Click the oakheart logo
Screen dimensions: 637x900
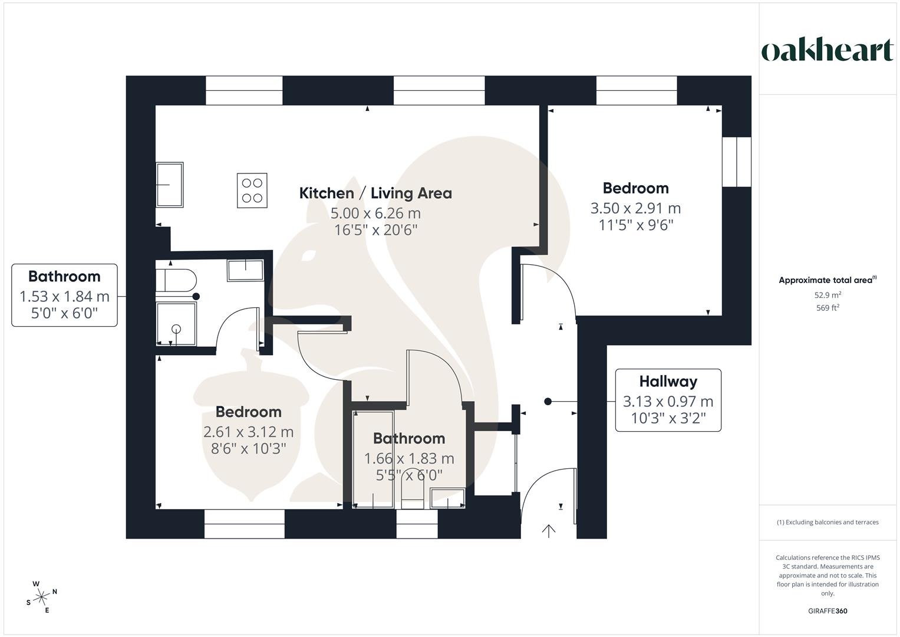pyautogui.click(x=827, y=51)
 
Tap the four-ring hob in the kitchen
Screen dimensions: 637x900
pyautogui.click(x=252, y=191)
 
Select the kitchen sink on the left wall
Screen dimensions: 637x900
pyautogui.click(x=170, y=185)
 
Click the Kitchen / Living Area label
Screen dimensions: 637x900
pyautogui.click(x=375, y=193)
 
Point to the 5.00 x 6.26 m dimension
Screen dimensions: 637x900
pyautogui.click(x=375, y=213)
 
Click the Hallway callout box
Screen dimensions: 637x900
pyautogui.click(x=668, y=400)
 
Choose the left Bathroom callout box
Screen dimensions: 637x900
pyautogui.click(x=64, y=295)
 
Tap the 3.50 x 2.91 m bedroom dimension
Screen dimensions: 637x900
pyautogui.click(x=635, y=208)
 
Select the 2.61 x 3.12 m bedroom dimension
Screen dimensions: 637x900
pyautogui.click(x=248, y=432)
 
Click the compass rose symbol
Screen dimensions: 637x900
pyautogui.click(x=41, y=597)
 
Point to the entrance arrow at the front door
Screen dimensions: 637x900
pyautogui.click(x=549, y=531)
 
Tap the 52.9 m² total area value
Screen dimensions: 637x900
pyautogui.click(x=828, y=295)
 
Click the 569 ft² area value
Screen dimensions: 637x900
pyautogui.click(x=828, y=308)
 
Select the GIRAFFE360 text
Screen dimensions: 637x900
pyautogui.click(x=828, y=611)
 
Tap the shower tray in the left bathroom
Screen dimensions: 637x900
pyautogui.click(x=176, y=324)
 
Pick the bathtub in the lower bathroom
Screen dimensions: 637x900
pyautogui.click(x=372, y=459)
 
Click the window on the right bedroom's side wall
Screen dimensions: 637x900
pyautogui.click(x=737, y=162)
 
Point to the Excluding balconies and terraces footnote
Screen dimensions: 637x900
pyautogui.click(x=828, y=522)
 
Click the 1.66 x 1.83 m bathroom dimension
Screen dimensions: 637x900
pyautogui.click(x=409, y=458)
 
